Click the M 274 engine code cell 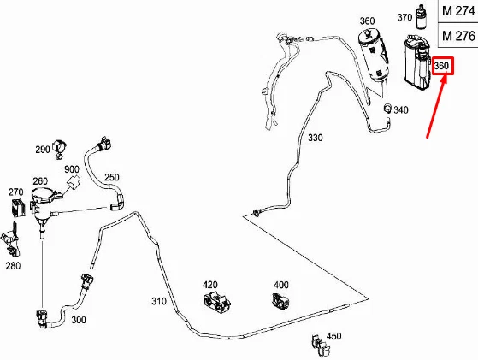click(x=457, y=11)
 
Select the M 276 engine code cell click(x=457, y=35)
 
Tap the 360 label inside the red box click(x=441, y=66)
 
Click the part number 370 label click(x=404, y=17)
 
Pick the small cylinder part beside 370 click(x=422, y=17)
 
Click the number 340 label click(x=400, y=109)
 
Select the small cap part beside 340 click(x=387, y=108)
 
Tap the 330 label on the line click(x=315, y=138)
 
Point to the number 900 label click(x=72, y=169)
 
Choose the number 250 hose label click(x=112, y=177)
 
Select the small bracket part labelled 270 click(x=18, y=208)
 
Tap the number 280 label click(x=13, y=266)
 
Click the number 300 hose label click(x=79, y=320)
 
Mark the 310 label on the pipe click(x=159, y=301)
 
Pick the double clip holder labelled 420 click(x=216, y=302)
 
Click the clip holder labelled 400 click(x=280, y=300)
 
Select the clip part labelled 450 click(x=320, y=345)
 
